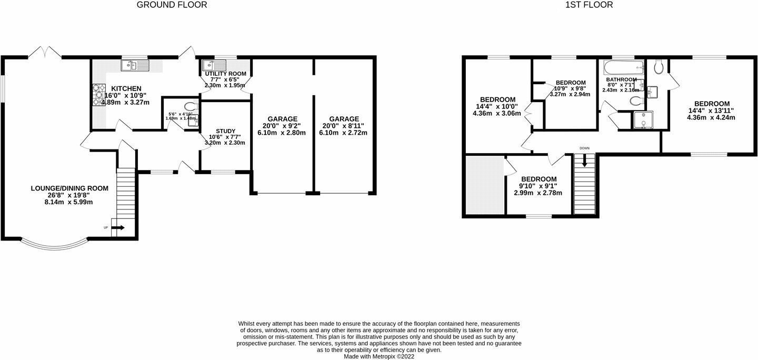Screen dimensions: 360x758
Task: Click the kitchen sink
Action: (135, 65)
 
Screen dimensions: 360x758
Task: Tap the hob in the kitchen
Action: (98, 95)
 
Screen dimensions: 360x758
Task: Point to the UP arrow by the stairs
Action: (118, 228)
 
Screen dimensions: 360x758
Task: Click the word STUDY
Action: (225, 131)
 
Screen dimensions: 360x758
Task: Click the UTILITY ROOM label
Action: (226, 73)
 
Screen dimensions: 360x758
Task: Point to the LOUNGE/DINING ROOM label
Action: (69, 188)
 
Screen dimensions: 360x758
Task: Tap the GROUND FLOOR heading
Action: (172, 5)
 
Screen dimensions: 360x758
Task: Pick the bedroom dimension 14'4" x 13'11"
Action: (712, 111)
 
